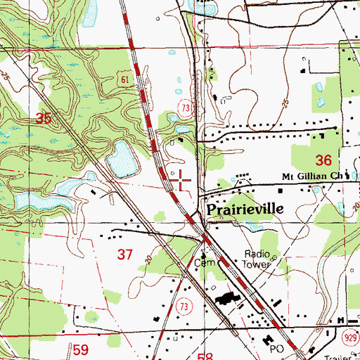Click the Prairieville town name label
[x=243, y=210]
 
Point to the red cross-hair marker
[x=182, y=181]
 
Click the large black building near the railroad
[x=227, y=298]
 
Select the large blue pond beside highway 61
[x=122, y=159]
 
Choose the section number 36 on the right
[x=323, y=160]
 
